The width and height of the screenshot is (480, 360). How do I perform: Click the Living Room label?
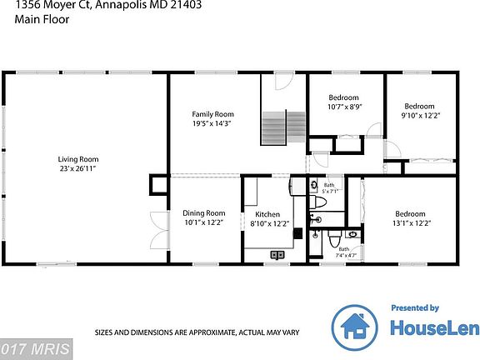click(x=78, y=159)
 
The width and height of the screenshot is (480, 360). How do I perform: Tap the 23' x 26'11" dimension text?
click(x=78, y=168)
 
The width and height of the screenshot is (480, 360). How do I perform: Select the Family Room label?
click(x=212, y=114)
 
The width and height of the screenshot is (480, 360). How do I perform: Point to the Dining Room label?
click(x=204, y=213)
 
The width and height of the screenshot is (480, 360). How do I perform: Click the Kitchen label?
click(x=267, y=214)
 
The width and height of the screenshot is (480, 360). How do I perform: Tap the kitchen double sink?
click(x=277, y=254)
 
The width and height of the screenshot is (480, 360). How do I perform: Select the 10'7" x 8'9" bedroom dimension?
click(x=342, y=107)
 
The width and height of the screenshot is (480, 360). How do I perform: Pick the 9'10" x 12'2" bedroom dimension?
click(x=419, y=116)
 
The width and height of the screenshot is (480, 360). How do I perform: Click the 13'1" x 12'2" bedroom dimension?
click(x=410, y=223)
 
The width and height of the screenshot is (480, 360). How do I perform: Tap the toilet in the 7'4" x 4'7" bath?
click(x=333, y=242)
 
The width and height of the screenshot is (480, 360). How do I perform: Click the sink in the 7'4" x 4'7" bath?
click(x=352, y=235)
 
